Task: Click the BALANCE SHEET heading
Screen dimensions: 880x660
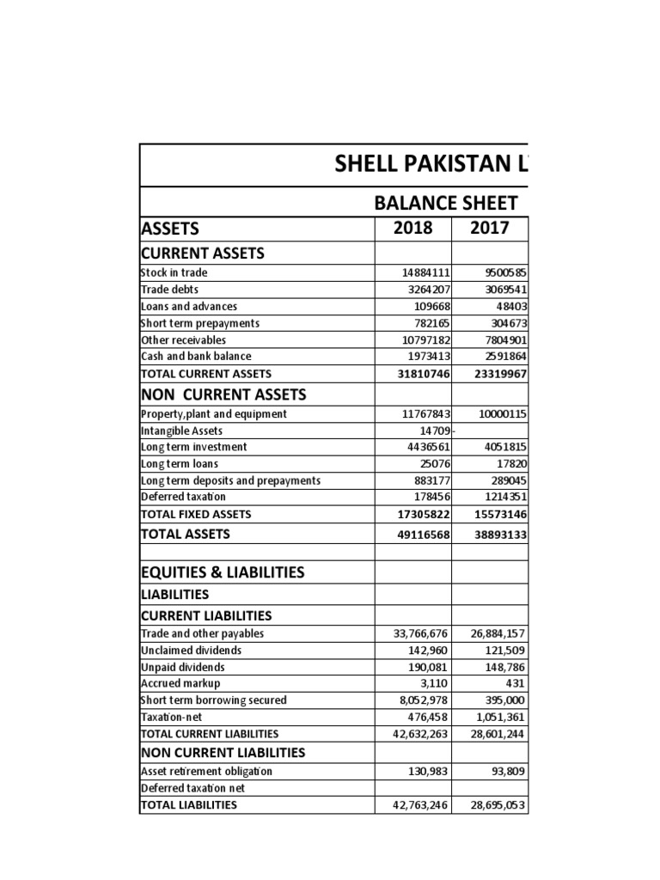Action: click(445, 203)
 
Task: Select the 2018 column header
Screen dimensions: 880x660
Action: click(412, 228)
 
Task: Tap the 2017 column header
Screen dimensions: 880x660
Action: click(489, 228)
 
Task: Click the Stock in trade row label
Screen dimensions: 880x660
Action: click(174, 272)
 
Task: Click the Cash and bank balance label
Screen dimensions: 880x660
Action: click(197, 356)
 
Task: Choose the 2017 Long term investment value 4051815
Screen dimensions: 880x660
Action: click(501, 447)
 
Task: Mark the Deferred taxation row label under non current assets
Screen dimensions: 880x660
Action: click(183, 497)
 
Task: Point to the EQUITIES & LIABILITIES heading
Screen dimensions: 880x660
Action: click(222, 572)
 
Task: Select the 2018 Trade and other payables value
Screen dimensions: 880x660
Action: click(417, 633)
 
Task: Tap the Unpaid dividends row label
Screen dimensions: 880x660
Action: click(182, 667)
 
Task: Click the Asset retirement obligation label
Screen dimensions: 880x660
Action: click(206, 771)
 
